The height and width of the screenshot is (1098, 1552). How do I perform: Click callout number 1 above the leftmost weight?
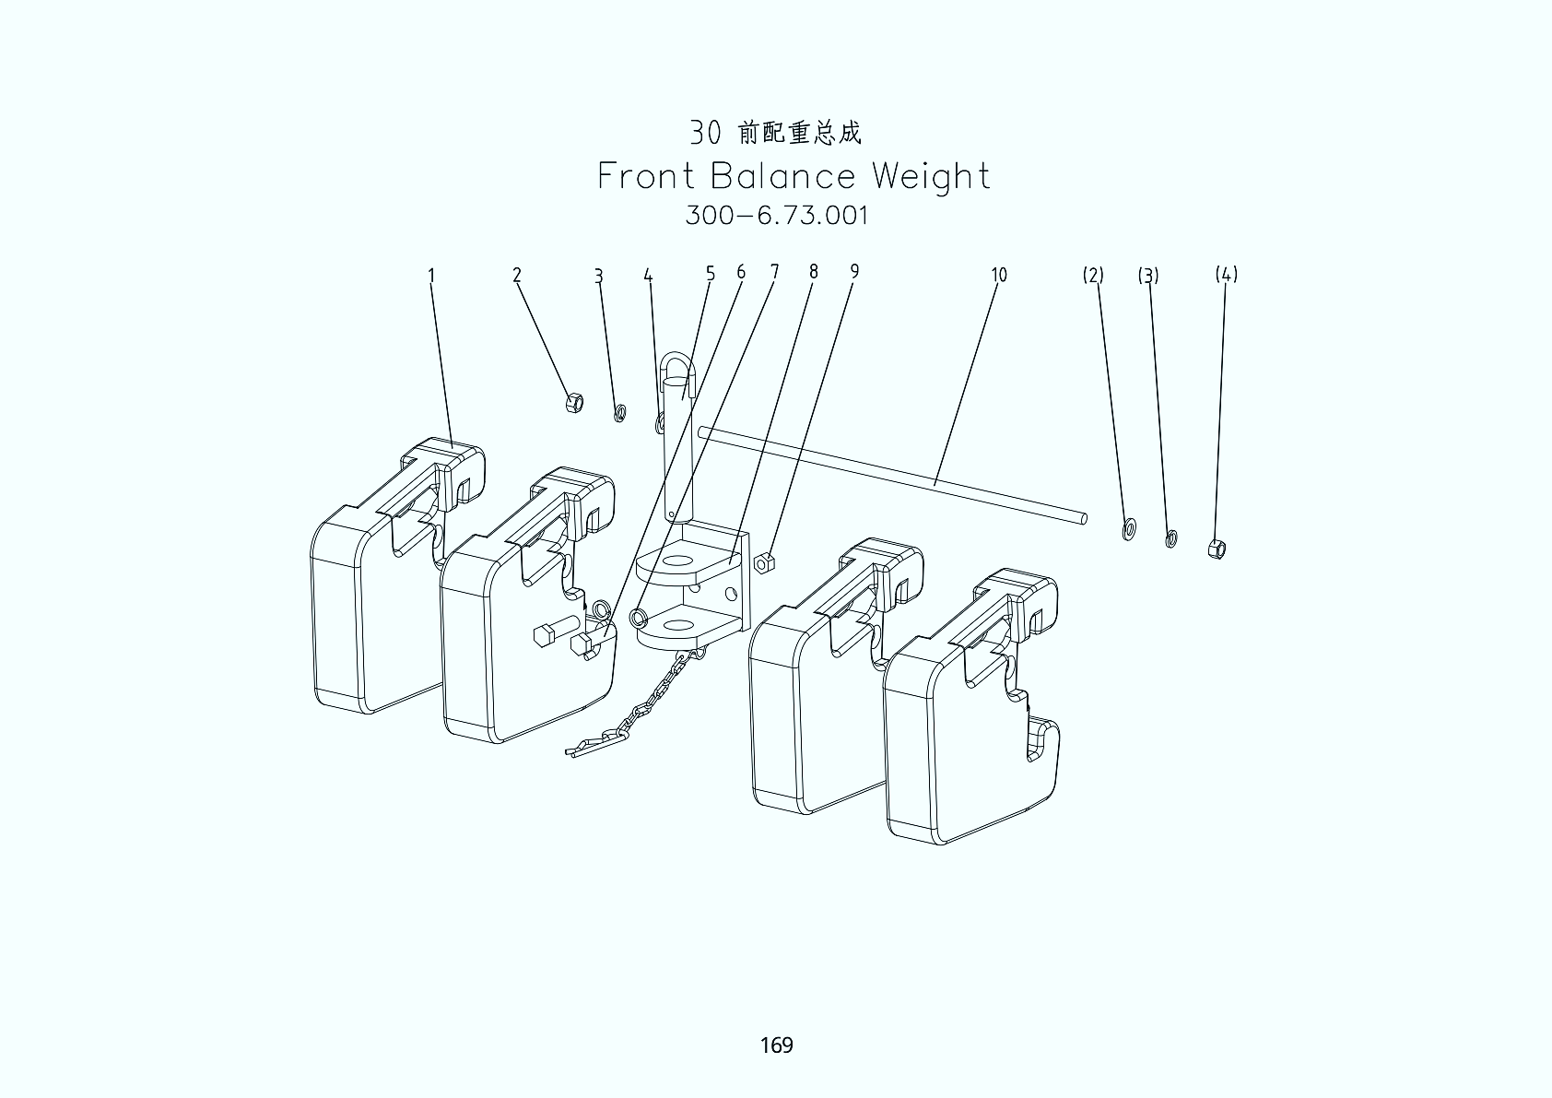(x=431, y=275)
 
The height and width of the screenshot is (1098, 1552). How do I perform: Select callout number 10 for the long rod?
(x=999, y=275)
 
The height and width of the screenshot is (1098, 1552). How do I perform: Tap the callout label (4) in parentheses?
(x=1226, y=275)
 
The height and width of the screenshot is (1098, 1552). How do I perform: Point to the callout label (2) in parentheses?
(x=1093, y=275)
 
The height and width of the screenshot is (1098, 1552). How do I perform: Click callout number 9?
(x=854, y=271)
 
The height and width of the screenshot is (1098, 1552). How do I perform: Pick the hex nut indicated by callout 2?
(x=573, y=403)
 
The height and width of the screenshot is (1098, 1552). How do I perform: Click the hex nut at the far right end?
(x=1217, y=549)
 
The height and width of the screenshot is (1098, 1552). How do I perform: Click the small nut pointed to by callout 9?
(x=763, y=561)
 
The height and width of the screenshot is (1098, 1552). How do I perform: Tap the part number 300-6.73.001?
(x=777, y=216)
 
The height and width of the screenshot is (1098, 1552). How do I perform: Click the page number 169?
(x=776, y=1045)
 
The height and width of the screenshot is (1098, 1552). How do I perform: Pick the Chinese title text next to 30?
(x=799, y=134)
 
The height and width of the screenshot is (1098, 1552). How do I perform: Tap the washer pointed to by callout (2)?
(x=1129, y=529)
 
